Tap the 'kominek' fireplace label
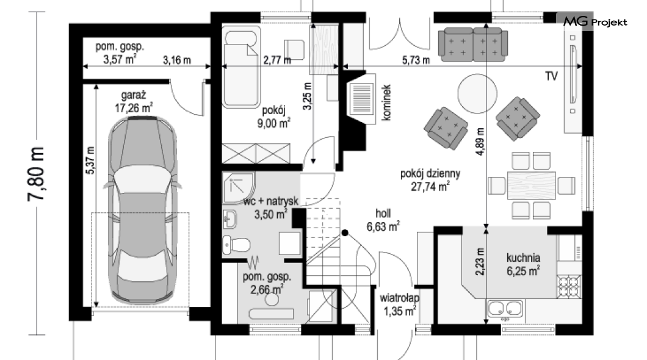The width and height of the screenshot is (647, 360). click(x=386, y=103)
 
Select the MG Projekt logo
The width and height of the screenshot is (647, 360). click(x=595, y=21)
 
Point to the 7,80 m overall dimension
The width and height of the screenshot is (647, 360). click(x=36, y=174)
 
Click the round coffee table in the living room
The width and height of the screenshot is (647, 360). click(x=477, y=93)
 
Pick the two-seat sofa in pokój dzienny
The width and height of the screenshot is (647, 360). click(x=473, y=45)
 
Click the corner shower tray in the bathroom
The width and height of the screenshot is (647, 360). click(x=239, y=188)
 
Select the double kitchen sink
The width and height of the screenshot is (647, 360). click(x=505, y=308)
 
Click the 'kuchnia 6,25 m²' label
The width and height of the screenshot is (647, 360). click(x=523, y=264)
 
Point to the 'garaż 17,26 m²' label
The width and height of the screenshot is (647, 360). click(x=134, y=102)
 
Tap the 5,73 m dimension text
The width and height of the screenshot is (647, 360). click(x=416, y=60)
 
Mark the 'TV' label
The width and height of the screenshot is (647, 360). click(x=551, y=76)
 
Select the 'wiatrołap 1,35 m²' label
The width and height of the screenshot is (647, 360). click(x=399, y=304)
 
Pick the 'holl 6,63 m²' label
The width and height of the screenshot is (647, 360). click(x=383, y=220)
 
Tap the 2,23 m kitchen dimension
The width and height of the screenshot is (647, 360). click(x=479, y=261)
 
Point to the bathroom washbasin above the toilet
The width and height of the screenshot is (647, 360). click(x=230, y=219)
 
